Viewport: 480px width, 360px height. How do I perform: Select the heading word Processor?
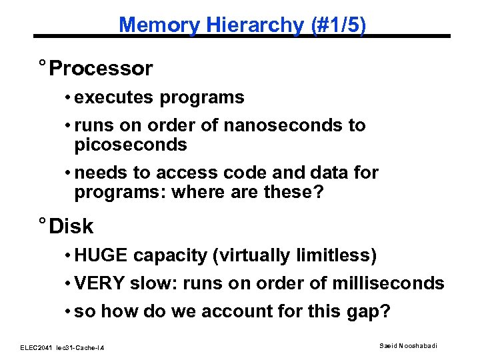point(101,69)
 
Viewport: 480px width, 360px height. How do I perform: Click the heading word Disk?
point(71,227)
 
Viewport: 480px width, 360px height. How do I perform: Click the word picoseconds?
point(131,144)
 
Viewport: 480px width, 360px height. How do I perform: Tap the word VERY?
point(100,283)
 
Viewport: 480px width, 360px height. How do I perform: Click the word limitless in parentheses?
point(339,255)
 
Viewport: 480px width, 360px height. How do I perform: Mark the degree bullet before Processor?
point(41,64)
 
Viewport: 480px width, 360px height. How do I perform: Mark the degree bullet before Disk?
point(41,222)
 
